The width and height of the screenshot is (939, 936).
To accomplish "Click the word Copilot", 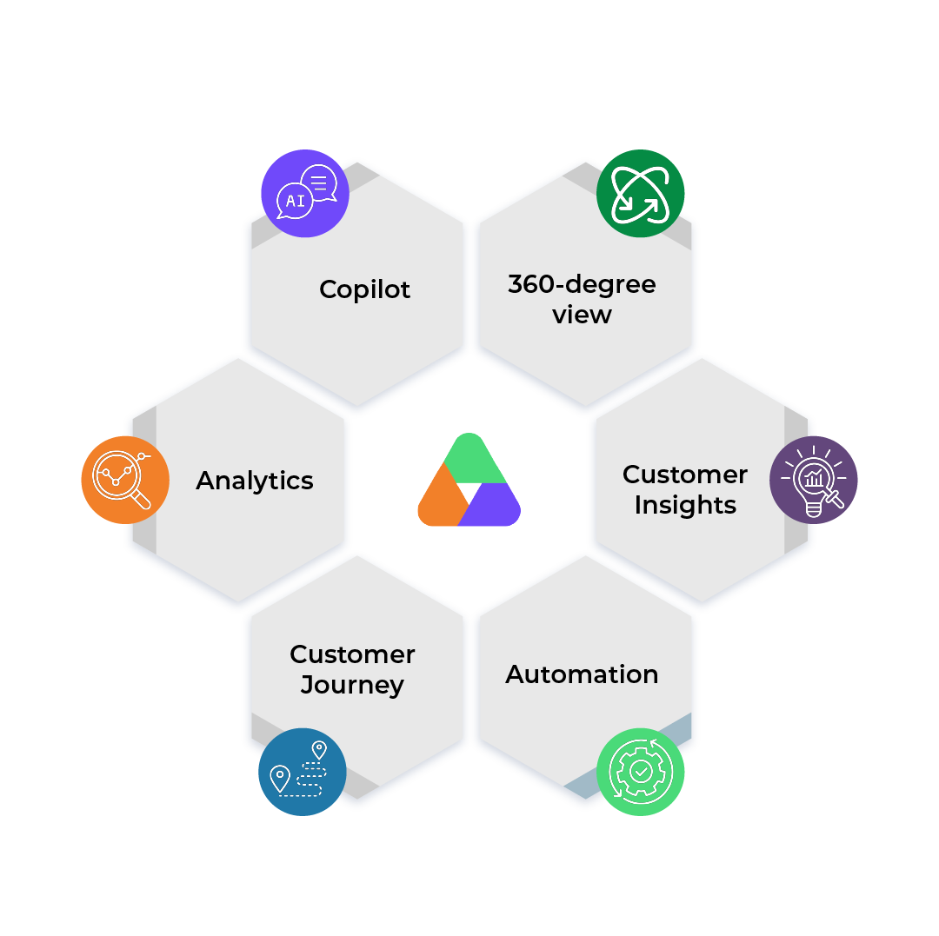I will point(364,289).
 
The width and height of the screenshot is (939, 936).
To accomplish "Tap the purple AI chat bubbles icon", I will point(305,193).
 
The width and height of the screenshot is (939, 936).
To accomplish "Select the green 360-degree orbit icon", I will point(640,193).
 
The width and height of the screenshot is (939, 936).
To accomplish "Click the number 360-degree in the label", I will point(582,284).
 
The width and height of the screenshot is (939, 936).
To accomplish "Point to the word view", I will point(582,315).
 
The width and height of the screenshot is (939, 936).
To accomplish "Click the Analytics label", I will point(255,481).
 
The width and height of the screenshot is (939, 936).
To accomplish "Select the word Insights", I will point(685,505).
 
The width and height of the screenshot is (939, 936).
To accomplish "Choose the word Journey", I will point(352,685).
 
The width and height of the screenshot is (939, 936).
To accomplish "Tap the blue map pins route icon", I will point(302,769).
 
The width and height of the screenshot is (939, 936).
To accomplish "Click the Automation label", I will point(582,674).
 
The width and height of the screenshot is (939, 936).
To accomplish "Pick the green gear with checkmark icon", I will point(640,770).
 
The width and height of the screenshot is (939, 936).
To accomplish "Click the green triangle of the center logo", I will point(469,461).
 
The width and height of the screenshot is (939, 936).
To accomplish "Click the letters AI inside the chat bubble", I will point(295,201).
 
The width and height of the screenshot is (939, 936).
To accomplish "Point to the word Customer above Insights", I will point(685,475).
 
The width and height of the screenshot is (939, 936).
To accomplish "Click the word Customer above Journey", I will point(352,654).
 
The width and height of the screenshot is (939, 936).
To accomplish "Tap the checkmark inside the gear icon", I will point(641,771).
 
